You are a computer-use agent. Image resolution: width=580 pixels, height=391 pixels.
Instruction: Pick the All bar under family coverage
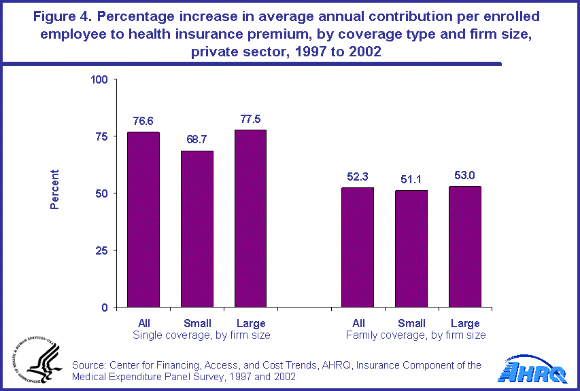358,247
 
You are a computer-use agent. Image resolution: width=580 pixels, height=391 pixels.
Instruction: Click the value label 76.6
143,122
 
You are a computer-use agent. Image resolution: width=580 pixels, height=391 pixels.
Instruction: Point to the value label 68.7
197,141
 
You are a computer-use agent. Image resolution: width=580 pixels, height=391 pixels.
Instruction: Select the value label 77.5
250,119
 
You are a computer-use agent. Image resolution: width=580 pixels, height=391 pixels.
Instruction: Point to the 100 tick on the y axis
100,79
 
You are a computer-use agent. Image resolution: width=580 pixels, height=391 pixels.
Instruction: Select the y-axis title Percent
55,189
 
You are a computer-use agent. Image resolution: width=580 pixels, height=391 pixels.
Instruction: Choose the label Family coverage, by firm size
415,335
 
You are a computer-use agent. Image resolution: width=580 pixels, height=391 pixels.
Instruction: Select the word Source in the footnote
89,366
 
